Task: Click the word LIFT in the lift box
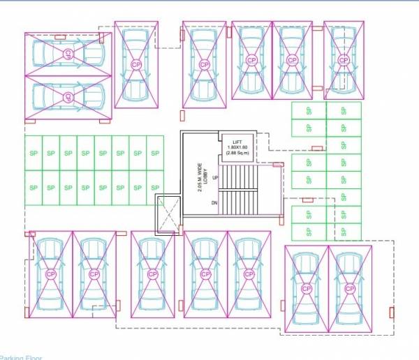point(237,143)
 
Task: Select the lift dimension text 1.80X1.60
point(237,149)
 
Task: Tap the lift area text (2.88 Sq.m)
point(237,154)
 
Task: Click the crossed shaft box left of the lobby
point(168,213)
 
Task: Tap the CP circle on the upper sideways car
point(68,53)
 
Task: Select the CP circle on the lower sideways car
point(68,96)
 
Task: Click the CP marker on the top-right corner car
point(344,61)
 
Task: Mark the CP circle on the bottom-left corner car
point(50,274)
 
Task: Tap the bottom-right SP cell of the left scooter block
point(154,188)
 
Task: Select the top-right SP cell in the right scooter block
point(344,111)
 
